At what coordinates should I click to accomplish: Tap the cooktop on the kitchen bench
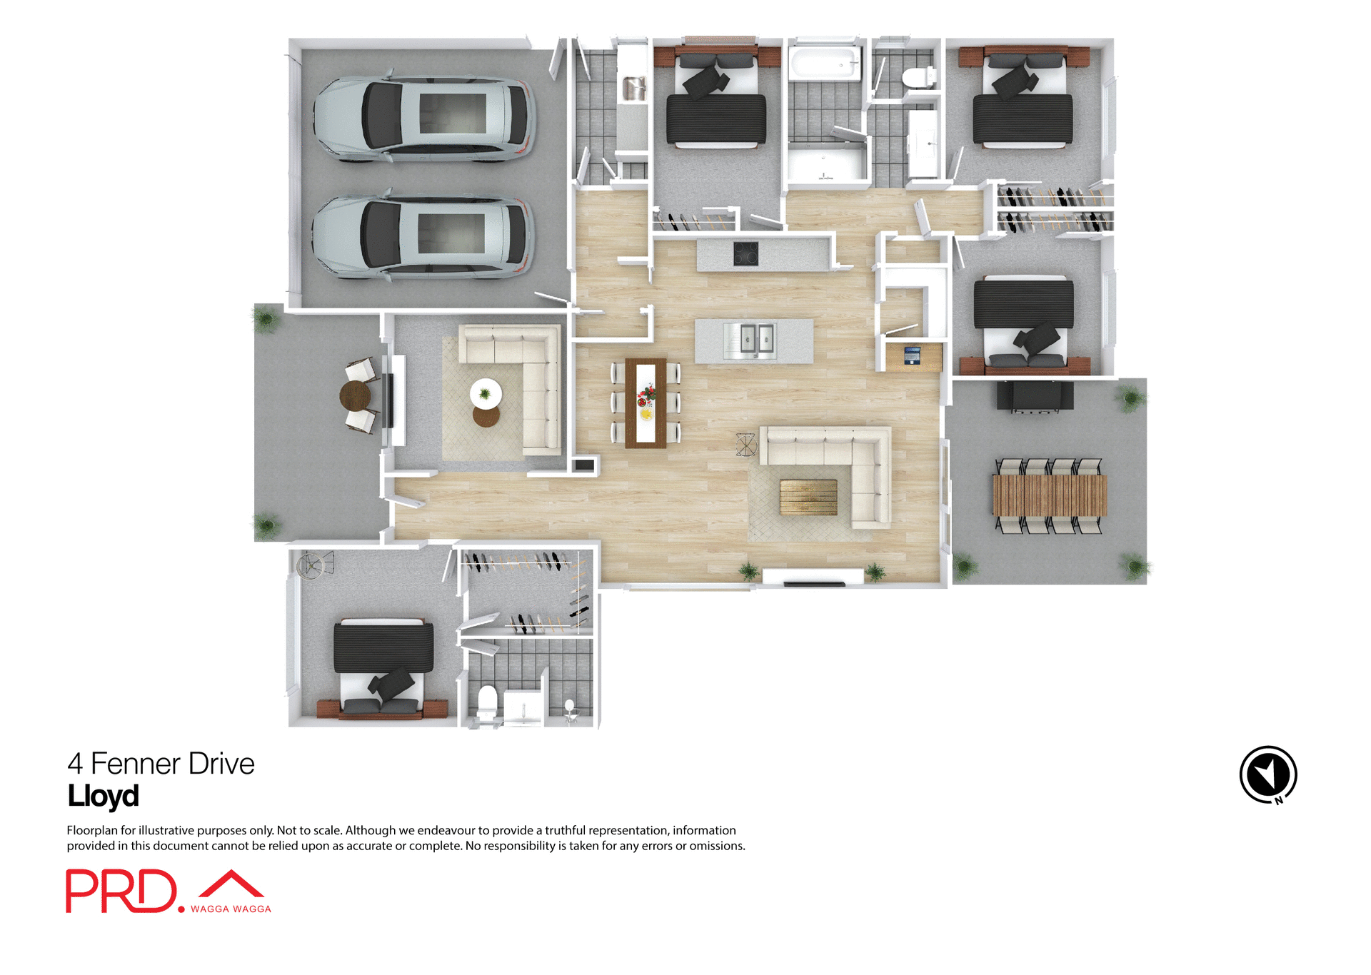coord(745,253)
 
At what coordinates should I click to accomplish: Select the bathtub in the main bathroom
coord(825,64)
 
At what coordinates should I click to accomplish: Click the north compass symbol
coord(1267,774)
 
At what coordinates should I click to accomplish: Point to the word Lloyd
coord(103,796)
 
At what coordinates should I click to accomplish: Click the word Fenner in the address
coord(135,764)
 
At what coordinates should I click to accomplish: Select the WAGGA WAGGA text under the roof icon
coord(231,909)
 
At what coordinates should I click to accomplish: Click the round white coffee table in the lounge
coord(486,393)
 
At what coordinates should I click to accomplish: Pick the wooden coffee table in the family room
coord(808,497)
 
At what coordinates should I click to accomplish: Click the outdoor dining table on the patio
coord(1049,495)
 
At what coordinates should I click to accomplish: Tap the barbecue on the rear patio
coord(1035,396)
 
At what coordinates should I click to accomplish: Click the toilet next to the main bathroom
coord(918,76)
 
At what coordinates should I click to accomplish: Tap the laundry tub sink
coord(634,89)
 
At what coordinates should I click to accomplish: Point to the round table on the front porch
coord(355,395)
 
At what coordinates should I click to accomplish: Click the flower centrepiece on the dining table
coord(646,393)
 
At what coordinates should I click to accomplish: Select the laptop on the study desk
coord(913,354)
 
